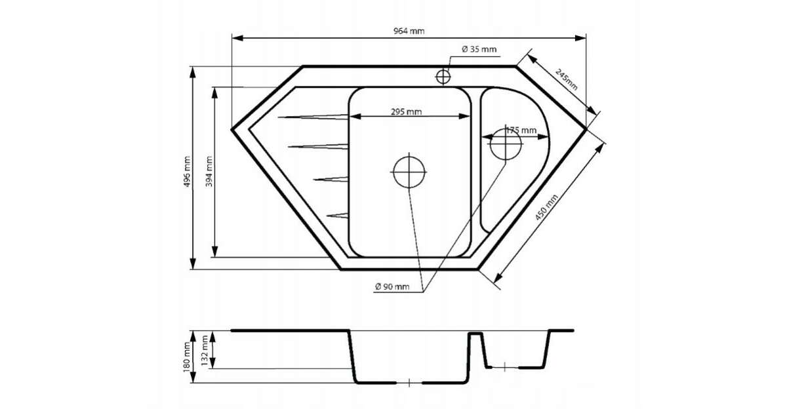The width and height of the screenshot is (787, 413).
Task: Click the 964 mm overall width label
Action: click(409, 31)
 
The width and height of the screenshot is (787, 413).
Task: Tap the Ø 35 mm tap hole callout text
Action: click(479, 49)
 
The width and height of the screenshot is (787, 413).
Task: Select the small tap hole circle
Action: click(443, 77)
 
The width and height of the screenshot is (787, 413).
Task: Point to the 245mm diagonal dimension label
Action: click(566, 79)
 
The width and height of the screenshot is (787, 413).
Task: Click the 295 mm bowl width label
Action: click(406, 112)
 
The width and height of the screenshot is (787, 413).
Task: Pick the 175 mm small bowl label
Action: click(521, 130)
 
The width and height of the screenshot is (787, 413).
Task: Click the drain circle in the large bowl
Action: click(409, 172)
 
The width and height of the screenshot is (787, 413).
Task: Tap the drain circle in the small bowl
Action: click(506, 144)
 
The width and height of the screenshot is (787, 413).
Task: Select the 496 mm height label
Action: click(187, 171)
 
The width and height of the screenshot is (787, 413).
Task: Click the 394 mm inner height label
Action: click(209, 171)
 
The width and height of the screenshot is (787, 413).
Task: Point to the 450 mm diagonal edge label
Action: click(546, 207)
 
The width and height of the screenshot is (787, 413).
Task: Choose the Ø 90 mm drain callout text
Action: click(392, 286)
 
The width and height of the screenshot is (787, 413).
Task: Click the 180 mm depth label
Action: click(186, 357)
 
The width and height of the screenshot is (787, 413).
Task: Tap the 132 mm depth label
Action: click(205, 351)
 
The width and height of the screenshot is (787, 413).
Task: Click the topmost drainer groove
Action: click(313, 117)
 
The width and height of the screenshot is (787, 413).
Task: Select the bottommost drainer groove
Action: click(338, 215)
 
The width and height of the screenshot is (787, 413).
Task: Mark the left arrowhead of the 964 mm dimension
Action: click(238, 38)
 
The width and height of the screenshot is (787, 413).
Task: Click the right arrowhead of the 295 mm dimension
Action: click(464, 116)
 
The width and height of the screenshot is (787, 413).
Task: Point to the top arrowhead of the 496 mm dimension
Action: click(193, 72)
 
